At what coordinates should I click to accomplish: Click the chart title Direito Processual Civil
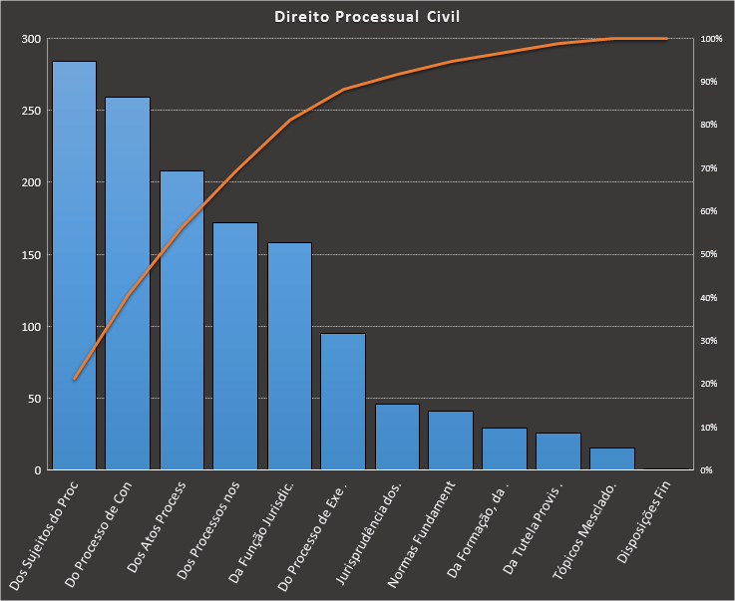click(x=367, y=17)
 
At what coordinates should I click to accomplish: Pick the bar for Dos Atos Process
click(x=182, y=320)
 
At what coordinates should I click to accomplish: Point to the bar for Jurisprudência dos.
click(x=397, y=437)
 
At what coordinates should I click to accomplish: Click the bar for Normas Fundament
click(x=451, y=440)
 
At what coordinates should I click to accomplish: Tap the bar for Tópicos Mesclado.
click(x=611, y=458)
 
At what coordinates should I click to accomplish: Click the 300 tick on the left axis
click(x=31, y=39)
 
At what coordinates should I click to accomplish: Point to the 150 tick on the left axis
click(x=31, y=254)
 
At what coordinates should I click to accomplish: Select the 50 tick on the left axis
click(x=34, y=399)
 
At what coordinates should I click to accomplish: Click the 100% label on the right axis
click(x=711, y=39)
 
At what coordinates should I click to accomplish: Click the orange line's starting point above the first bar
click(x=75, y=379)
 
